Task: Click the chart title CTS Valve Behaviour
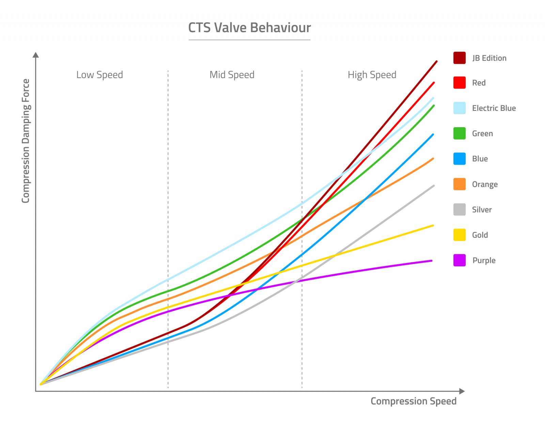click(249, 28)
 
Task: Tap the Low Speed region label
click(99, 75)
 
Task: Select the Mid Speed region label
click(232, 75)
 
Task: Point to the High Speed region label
click(372, 75)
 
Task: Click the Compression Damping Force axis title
click(26, 141)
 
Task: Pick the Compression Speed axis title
click(413, 401)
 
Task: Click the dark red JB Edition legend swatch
click(459, 58)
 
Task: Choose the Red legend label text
click(479, 83)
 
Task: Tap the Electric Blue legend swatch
click(459, 108)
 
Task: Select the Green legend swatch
click(459, 133)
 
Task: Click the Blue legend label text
click(480, 159)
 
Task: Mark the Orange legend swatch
click(459, 184)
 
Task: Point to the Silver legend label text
click(482, 210)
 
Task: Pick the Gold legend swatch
click(459, 235)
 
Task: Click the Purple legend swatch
click(459, 260)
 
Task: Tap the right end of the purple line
click(431, 261)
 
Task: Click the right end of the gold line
click(433, 225)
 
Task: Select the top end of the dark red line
click(436, 62)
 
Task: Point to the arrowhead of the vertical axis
click(36, 55)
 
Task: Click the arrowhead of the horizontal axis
click(462, 391)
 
